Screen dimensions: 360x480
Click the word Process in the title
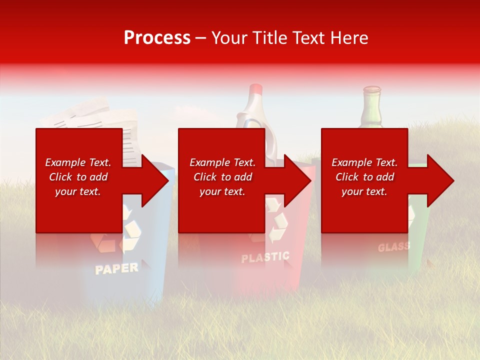pyautogui.click(x=157, y=38)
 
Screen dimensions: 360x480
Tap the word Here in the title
pyautogui.click(x=348, y=38)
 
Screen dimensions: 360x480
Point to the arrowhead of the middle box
pyautogui.click(x=296, y=180)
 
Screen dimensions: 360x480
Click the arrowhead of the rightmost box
pyautogui.click(x=439, y=180)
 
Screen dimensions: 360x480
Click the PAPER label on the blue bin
pyautogui.click(x=116, y=268)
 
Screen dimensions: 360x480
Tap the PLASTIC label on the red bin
pyautogui.click(x=265, y=257)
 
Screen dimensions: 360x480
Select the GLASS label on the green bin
pyautogui.click(x=393, y=247)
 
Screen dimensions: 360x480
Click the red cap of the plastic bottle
pyautogui.click(x=255, y=90)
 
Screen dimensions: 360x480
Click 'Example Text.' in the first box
pyautogui.click(x=78, y=162)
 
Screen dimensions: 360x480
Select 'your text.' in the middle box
pyautogui.click(x=222, y=191)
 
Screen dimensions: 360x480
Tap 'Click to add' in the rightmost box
pyautogui.click(x=364, y=177)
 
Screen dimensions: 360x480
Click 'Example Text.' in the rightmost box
pyautogui.click(x=364, y=162)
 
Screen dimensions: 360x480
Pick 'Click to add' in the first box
pyautogui.click(x=78, y=177)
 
